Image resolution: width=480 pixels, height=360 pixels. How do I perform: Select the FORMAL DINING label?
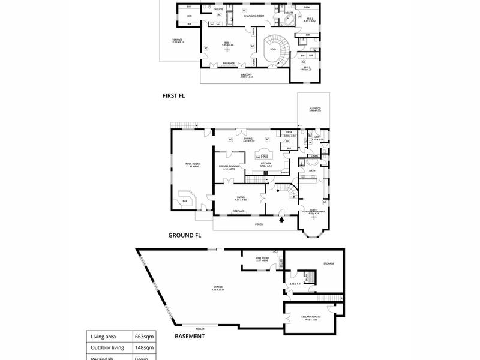click(x=229, y=167)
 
